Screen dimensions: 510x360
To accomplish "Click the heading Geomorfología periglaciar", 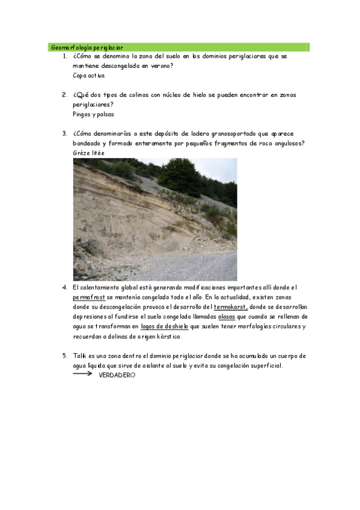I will [87, 46].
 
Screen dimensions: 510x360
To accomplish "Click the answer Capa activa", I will [88, 76].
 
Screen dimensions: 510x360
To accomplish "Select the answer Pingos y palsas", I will [93, 114].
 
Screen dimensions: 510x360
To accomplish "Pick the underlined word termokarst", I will [231, 307].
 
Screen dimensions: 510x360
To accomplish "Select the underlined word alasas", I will [227, 316].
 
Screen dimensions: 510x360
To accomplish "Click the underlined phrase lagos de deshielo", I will [164, 326].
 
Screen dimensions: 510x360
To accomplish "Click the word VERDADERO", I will [117, 375].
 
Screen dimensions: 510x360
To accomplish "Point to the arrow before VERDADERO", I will [82, 373].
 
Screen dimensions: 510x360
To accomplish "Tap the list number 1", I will [64, 57].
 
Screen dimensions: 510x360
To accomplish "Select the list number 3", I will [64, 134].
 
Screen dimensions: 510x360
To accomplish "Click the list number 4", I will [64, 287].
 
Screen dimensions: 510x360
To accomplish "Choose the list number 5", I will [64, 355].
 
